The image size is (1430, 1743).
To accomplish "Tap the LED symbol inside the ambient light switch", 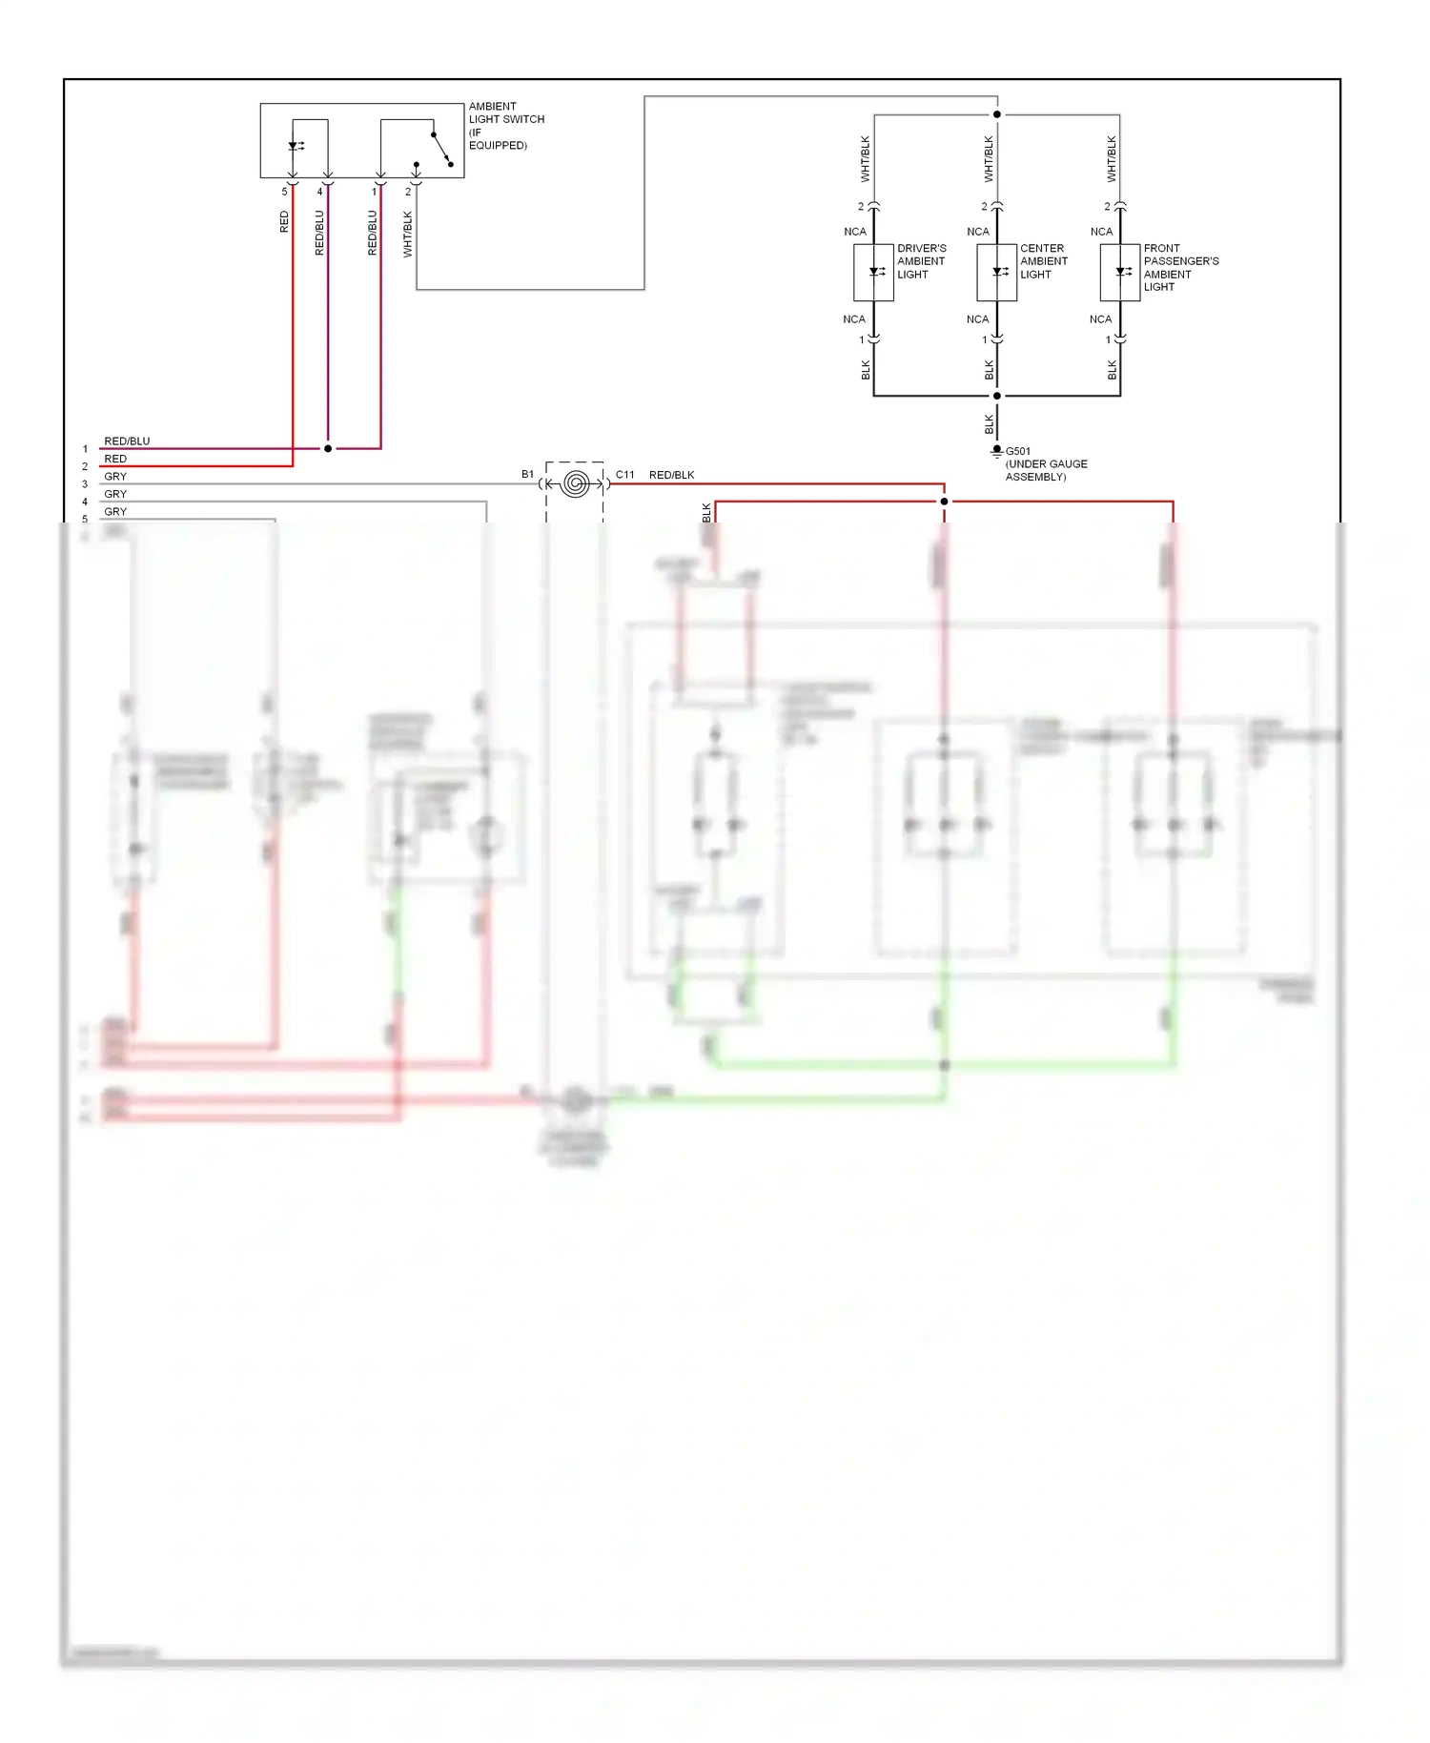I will [295, 147].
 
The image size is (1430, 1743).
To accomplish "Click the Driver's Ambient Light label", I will [921, 261].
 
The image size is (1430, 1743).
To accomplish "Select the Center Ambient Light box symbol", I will [997, 273].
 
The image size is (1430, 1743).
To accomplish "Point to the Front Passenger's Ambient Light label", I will [1180, 267].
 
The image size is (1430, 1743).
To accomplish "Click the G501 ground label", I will [1017, 451].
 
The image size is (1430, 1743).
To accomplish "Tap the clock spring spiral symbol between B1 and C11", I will [575, 484].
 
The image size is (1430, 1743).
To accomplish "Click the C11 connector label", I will [624, 475].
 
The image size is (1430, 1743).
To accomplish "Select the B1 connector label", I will [527, 474].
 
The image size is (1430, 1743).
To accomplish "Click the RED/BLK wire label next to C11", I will [671, 475].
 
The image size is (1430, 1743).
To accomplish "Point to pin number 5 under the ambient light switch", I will [284, 192].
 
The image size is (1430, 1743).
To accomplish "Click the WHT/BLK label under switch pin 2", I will [408, 235].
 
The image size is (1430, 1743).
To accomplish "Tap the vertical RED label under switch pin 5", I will [284, 222].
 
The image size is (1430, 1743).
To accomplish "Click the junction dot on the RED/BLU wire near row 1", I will [328, 448].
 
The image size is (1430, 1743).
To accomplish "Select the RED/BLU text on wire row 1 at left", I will [127, 441].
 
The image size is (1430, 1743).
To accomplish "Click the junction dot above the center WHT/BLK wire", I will [997, 114].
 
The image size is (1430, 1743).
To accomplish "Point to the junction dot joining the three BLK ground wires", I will [997, 396].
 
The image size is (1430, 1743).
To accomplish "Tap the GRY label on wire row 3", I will [115, 477].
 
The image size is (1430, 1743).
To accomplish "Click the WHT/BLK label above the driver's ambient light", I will [866, 159].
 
